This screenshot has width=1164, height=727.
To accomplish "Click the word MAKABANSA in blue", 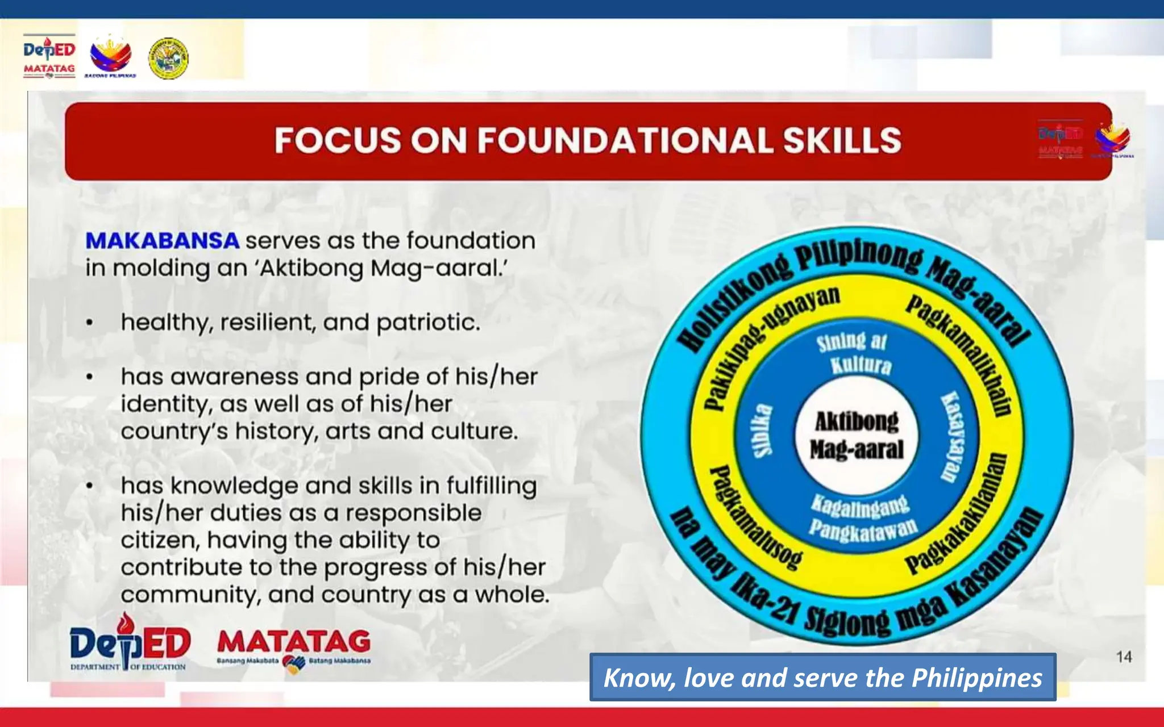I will pos(162,241).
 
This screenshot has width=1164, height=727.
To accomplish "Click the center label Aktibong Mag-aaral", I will pos(857,436).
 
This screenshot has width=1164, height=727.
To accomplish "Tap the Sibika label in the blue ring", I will pos(763,431).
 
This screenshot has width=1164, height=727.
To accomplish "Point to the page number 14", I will pos(1124,657).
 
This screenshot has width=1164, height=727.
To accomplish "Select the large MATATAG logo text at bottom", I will pos(294,642).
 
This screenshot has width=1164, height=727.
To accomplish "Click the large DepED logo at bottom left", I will pos(130,643).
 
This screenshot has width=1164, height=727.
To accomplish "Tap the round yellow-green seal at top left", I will pos(168,58).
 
